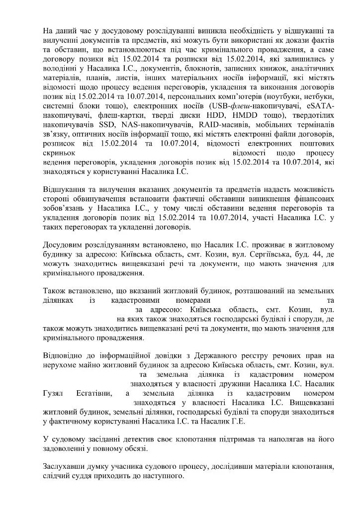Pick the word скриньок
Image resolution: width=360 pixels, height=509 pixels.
(59, 153)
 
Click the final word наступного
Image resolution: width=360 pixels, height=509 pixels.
(159, 478)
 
